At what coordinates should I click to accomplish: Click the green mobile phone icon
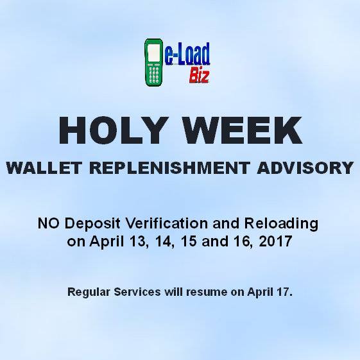click(x=154, y=62)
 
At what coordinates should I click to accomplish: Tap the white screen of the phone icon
click(x=154, y=52)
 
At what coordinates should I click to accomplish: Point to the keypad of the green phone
click(x=154, y=74)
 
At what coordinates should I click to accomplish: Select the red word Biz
click(x=199, y=76)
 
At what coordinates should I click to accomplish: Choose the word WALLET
click(x=44, y=168)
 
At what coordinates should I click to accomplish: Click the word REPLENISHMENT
click(x=169, y=168)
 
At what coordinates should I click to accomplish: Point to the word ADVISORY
click(x=305, y=168)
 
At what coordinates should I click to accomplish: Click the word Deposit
click(x=92, y=224)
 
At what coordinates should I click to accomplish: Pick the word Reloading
click(x=281, y=224)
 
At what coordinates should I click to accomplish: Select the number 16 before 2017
click(x=243, y=242)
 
